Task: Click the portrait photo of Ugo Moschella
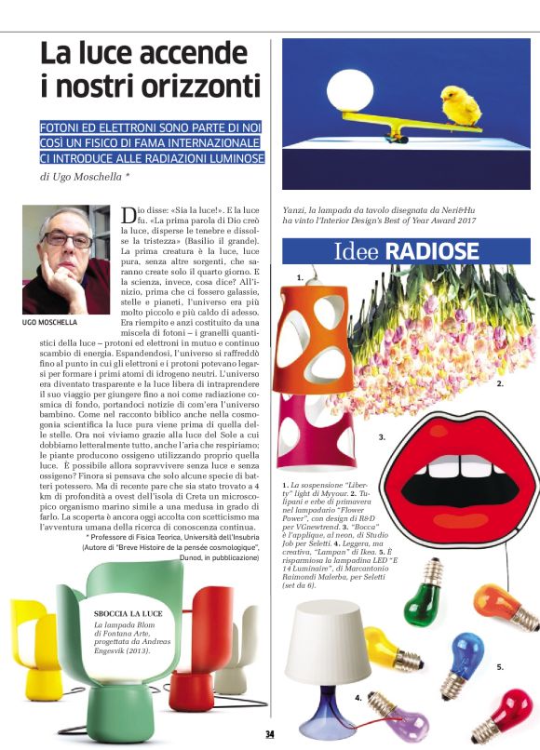65,260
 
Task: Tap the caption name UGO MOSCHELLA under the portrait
50,322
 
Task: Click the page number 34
269,735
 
